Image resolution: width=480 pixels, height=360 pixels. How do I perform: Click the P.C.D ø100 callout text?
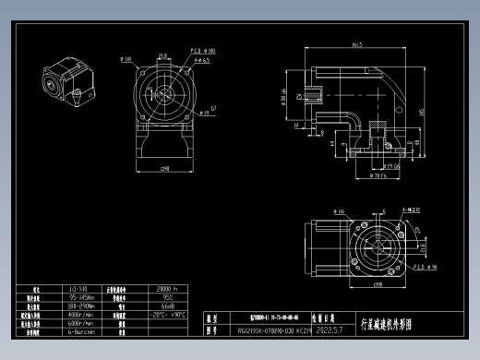tap(203, 51)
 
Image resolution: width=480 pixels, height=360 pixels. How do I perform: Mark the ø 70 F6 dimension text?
tap(375, 176)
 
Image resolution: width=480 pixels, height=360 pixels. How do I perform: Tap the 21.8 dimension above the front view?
tap(162, 56)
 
